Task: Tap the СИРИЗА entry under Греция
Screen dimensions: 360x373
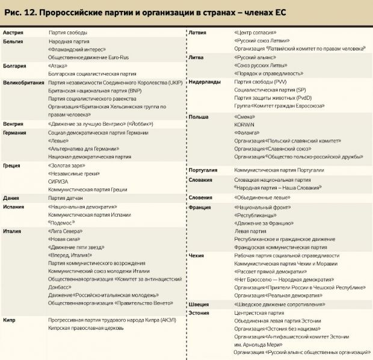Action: (58, 181)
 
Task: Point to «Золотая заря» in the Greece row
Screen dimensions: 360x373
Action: (65, 164)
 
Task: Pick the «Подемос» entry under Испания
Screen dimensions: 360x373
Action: (61, 222)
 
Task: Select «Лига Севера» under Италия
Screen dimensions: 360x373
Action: (66, 231)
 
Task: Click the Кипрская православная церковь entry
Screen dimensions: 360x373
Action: (85, 328)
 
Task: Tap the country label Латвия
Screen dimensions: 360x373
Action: (199, 31)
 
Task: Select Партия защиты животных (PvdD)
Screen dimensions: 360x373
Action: (272, 98)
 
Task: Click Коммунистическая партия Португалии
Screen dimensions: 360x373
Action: (280, 170)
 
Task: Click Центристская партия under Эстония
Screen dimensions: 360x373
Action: (259, 313)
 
